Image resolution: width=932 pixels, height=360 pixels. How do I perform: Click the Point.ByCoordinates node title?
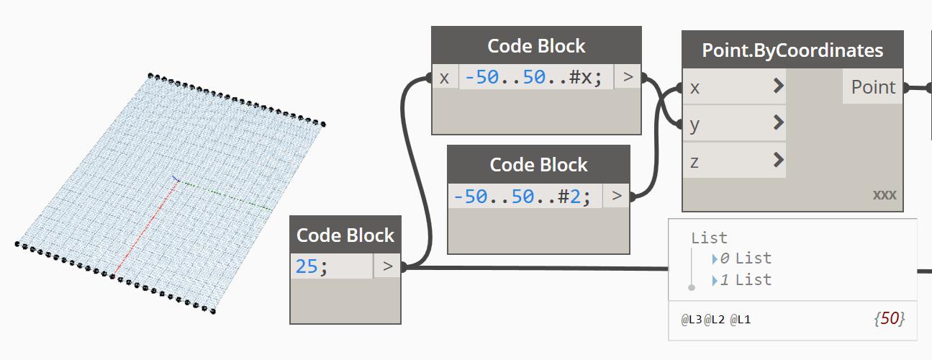click(x=792, y=50)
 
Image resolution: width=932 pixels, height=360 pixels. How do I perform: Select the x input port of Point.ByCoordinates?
click(x=733, y=87)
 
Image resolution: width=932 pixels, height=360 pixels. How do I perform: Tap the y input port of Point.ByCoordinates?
click(x=733, y=124)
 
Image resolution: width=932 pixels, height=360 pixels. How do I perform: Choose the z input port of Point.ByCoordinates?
click(x=733, y=161)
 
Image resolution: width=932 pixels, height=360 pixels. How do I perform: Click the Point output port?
click(x=872, y=87)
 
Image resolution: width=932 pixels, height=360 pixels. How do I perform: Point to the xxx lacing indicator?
click(x=885, y=195)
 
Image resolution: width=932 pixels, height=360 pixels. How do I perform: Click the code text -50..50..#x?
click(x=533, y=77)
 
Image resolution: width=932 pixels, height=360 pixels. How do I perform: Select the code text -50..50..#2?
click(x=522, y=196)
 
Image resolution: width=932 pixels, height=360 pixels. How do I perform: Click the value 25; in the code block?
click(x=312, y=266)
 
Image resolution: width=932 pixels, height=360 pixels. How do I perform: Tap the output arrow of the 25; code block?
click(x=387, y=266)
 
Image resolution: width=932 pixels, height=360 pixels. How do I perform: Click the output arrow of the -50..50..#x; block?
click(x=628, y=77)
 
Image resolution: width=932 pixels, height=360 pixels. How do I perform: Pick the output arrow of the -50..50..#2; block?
click(x=616, y=196)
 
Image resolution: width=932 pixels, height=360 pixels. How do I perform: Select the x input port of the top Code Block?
click(x=444, y=77)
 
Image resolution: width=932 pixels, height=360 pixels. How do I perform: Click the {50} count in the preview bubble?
click(x=890, y=318)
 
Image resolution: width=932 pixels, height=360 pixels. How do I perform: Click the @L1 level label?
click(x=741, y=319)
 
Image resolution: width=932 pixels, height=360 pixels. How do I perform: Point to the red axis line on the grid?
click(x=148, y=227)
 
